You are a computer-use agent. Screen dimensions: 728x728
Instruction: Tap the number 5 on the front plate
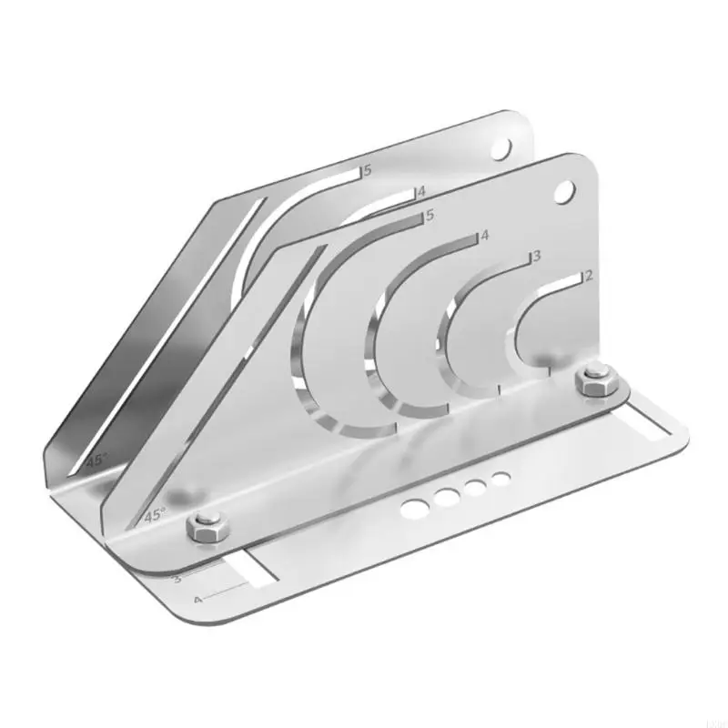[430, 217]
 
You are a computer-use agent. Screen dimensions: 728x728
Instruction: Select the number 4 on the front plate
[485, 236]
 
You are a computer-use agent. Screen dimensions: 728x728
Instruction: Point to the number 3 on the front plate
[537, 257]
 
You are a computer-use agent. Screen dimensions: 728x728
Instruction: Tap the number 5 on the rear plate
[368, 170]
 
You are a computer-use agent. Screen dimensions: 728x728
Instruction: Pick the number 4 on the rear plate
[420, 192]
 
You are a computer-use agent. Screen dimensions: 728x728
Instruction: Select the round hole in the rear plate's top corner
[501, 147]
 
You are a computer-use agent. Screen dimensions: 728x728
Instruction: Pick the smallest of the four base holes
[500, 477]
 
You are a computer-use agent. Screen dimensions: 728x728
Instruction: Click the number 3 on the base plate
[177, 578]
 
